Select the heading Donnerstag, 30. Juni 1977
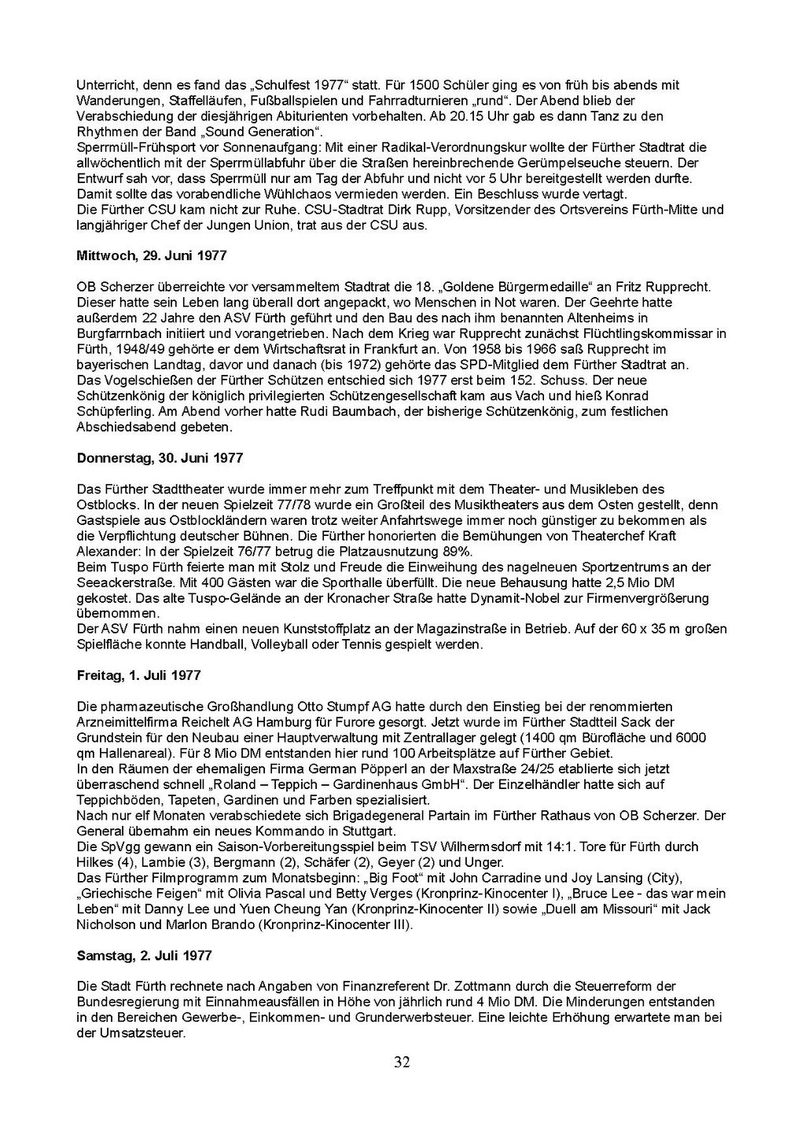160,457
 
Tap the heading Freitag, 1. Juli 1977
139,675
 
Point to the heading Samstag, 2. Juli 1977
145,956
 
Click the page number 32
402,1063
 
